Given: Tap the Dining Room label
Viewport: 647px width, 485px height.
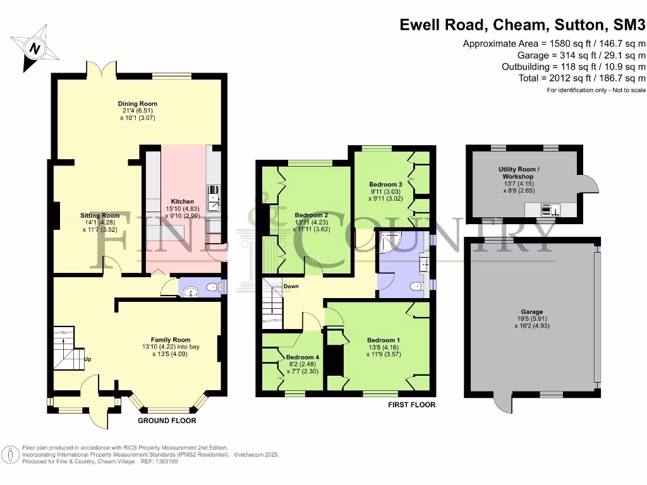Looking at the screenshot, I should pyautogui.click(x=137, y=104).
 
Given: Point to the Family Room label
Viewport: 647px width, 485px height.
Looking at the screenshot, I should pyautogui.click(x=170, y=340).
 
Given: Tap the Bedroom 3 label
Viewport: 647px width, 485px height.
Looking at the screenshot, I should pyautogui.click(x=384, y=184).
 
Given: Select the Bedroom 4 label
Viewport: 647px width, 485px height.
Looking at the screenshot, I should pyautogui.click(x=303, y=357).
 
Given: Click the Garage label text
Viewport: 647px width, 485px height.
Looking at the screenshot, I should pyautogui.click(x=532, y=312).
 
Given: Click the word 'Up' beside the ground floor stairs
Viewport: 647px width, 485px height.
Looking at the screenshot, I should pyautogui.click(x=88, y=359).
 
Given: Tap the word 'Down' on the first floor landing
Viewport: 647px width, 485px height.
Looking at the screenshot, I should pyautogui.click(x=291, y=286).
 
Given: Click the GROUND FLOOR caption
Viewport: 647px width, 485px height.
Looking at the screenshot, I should pyautogui.click(x=167, y=421).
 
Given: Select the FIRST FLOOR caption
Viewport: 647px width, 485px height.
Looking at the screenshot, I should pyautogui.click(x=411, y=405).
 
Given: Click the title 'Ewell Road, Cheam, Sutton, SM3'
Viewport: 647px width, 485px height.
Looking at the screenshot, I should pyautogui.click(x=523, y=25).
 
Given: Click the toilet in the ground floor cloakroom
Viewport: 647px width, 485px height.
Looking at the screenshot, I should pyautogui.click(x=214, y=289).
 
